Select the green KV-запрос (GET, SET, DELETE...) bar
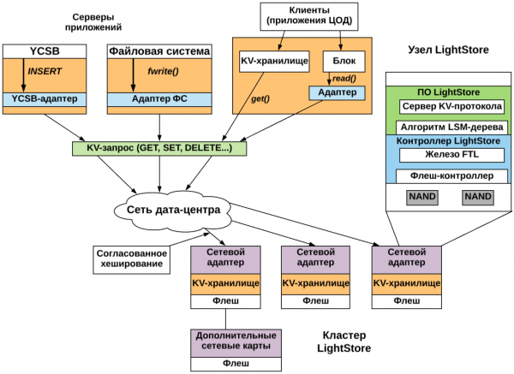tap(158, 148)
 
